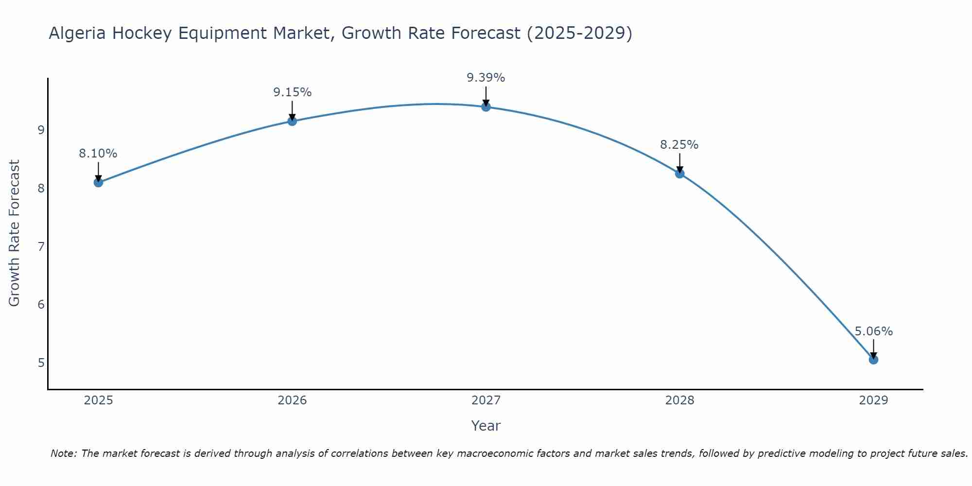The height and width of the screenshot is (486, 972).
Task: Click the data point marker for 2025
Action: coord(98,182)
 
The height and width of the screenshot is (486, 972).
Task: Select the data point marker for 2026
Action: coord(292,121)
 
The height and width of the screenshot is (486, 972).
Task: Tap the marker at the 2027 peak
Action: coord(486,107)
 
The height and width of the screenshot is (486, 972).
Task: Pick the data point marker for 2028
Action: coord(679,174)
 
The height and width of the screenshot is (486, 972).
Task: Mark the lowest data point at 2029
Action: coord(873,360)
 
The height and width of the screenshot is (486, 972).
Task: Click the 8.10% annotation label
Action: coord(98,154)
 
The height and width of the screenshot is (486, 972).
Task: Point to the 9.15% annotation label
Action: coord(292,92)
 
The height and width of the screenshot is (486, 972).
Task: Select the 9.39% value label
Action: coord(486,78)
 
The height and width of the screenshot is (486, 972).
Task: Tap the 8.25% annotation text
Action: coord(679,145)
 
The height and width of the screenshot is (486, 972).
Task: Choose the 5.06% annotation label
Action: coord(873,331)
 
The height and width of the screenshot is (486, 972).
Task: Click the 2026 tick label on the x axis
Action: coord(292,400)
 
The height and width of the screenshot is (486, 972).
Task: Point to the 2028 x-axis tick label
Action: coord(679,400)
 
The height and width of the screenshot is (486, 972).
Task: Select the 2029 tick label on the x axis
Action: coord(873,400)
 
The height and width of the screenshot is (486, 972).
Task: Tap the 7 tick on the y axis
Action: coord(41,246)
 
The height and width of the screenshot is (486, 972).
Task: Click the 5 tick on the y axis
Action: coord(41,363)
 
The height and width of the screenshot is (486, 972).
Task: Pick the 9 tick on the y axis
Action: coord(41,130)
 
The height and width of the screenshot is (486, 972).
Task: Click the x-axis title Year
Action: coord(486,426)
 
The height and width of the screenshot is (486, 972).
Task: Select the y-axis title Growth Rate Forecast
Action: coord(15,233)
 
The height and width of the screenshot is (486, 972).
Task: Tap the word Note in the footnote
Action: coord(63,453)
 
